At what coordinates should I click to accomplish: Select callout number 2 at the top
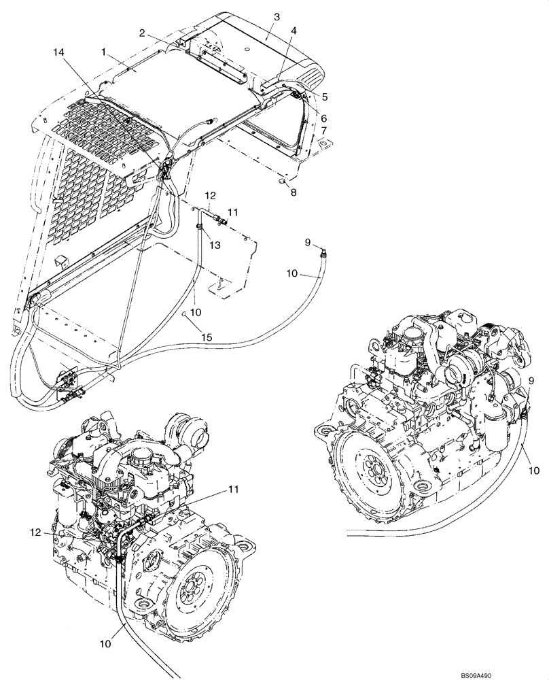coord(142,33)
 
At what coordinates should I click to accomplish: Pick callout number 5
coord(324,96)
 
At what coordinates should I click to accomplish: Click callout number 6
coord(324,118)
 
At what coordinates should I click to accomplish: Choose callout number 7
coord(324,130)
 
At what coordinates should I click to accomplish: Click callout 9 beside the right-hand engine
coord(531,379)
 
